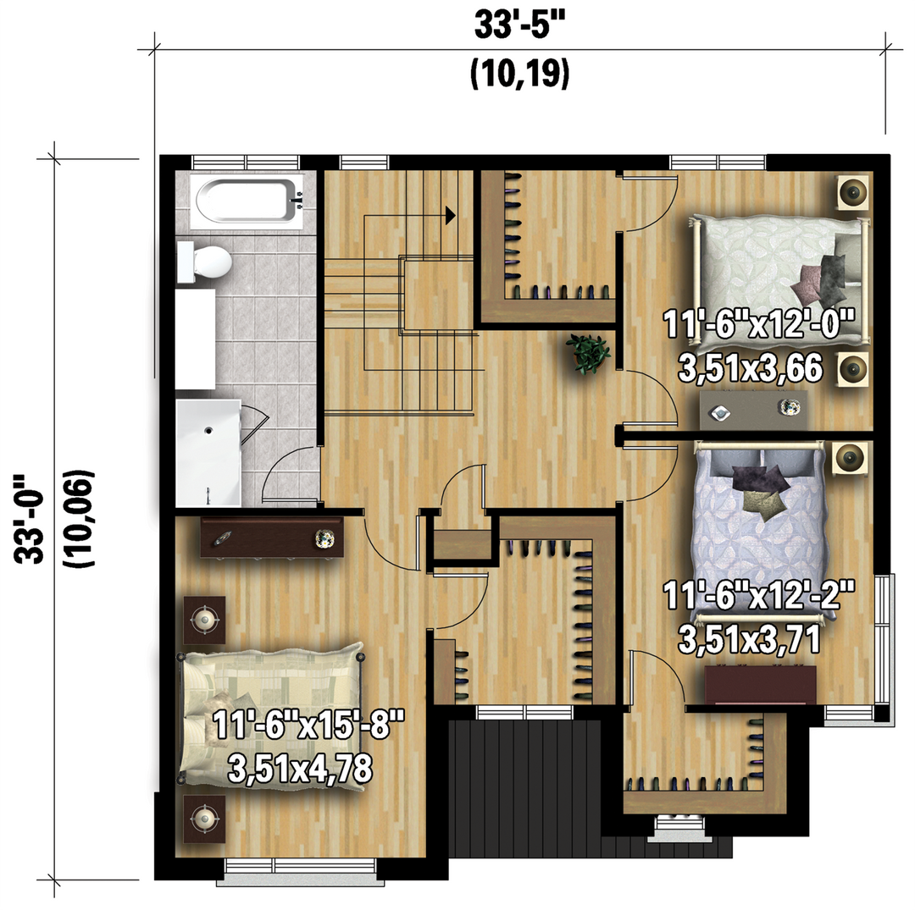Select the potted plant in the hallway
(x=588, y=353)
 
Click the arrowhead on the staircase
(x=450, y=215)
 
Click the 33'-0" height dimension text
(x=29, y=520)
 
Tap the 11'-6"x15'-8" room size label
(x=308, y=725)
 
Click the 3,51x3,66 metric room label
(x=751, y=368)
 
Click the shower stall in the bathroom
(x=208, y=453)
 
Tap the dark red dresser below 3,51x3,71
(x=760, y=685)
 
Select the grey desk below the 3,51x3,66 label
(x=754, y=410)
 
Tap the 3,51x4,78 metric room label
(x=300, y=769)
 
